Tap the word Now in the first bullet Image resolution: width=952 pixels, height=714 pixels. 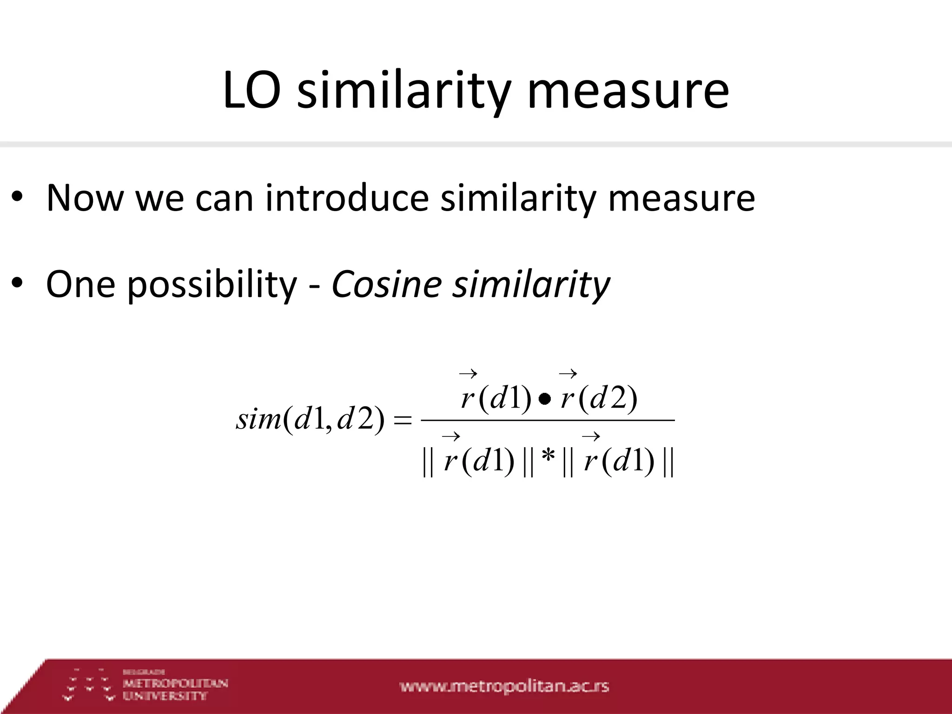85,198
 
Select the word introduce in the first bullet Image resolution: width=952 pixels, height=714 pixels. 347,198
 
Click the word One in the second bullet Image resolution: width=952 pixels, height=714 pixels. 80,284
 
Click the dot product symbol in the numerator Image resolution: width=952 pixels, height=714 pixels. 545,399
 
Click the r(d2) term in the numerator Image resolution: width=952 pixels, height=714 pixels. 598,397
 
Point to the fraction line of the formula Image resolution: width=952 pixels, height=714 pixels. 547,420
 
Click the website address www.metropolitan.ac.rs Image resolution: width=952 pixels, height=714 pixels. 504,687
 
